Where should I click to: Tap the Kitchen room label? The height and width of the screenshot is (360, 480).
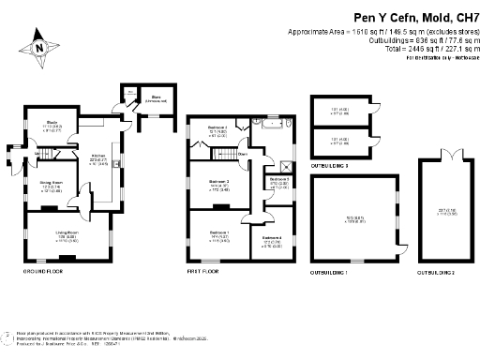(97, 157)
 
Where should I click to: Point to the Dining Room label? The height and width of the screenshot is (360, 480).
(51, 185)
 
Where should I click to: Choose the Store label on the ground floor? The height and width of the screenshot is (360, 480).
(153, 97)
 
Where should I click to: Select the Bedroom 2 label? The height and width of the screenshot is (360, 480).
(218, 184)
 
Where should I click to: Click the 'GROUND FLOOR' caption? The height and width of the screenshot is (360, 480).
(42, 271)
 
